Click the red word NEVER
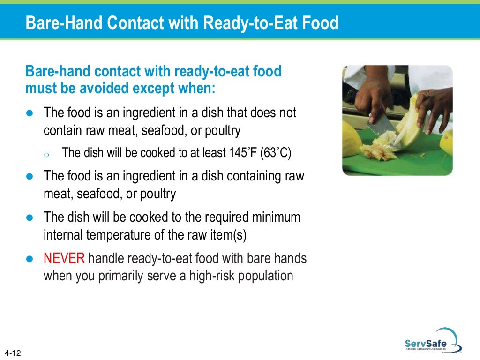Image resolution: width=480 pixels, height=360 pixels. [64, 258]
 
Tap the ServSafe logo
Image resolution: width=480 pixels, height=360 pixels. [426, 340]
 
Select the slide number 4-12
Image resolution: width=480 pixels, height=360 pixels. [14, 352]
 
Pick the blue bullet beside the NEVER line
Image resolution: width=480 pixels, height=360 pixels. [30, 259]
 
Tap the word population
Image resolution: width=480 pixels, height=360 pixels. [266, 276]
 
